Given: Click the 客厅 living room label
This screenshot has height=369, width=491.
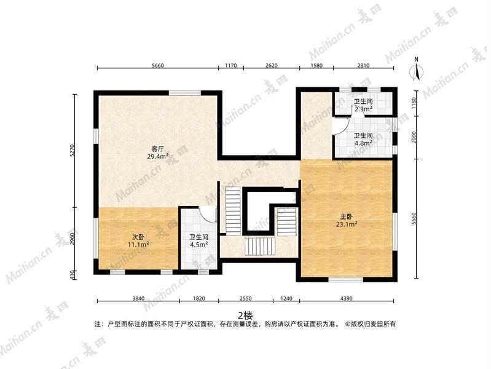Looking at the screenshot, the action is point(158,149).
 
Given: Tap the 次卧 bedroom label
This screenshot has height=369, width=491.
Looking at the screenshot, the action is point(138,237).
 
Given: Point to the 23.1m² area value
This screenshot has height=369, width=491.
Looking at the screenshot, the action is point(347,224).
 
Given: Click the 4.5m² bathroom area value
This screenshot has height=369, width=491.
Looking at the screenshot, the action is point(199,245).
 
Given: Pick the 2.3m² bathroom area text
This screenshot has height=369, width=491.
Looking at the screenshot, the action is point(363,109).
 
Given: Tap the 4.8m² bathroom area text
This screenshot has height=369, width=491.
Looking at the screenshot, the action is point(363,143).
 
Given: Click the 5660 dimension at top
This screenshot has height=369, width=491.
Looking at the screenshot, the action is point(158,66).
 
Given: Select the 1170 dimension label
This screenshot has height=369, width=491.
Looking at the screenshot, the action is point(231,66).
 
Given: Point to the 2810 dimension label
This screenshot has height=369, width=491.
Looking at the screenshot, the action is point(363,66).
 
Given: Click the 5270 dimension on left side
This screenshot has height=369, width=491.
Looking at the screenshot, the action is point(72,151).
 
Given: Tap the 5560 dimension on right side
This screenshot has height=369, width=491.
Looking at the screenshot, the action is point(414,218).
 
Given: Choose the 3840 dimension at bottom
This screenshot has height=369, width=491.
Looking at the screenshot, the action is point(138,298).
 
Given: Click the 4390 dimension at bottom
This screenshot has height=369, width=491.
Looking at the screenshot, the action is point(347,298).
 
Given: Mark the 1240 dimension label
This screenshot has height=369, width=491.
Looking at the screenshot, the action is point(286,298).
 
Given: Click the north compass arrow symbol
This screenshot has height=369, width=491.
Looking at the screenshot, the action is point(417,71).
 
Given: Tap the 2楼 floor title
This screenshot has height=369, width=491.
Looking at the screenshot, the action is point(245,315).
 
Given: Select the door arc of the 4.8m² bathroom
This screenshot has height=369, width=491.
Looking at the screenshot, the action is point(342,126).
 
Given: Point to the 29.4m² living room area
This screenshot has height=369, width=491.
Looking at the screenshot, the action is point(158,156).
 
